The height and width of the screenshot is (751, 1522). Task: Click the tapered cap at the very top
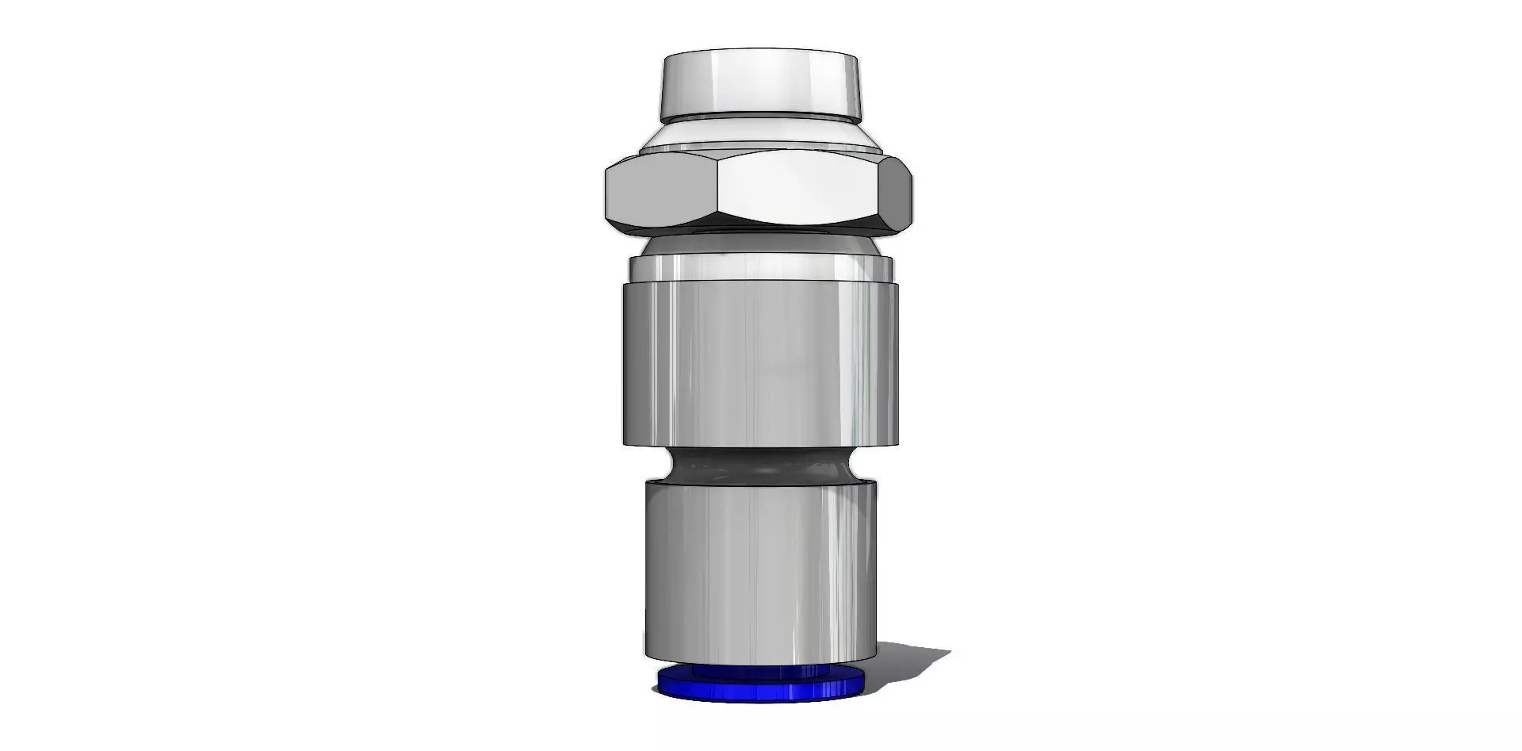[x=761, y=83]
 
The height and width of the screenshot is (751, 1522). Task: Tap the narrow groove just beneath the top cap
[x=761, y=118]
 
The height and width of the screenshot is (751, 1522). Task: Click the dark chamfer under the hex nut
[x=761, y=231]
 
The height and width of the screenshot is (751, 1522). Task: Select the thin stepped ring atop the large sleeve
[x=761, y=270]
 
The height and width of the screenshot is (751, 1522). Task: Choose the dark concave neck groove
[x=761, y=466]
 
